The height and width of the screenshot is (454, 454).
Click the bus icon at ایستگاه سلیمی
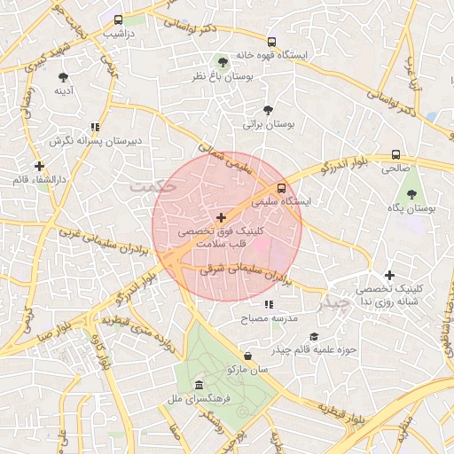coord(281,188)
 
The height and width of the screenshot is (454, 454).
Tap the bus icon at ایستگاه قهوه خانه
coord(271,42)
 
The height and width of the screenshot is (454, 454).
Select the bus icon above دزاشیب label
coord(119,19)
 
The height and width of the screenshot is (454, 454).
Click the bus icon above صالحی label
coord(395,153)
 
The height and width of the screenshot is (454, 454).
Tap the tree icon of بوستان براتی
coord(269,111)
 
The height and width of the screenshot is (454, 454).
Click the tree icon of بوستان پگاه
coord(411,193)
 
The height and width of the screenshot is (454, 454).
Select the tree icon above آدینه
coord(63,76)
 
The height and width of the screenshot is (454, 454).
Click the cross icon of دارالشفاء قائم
coord(39,166)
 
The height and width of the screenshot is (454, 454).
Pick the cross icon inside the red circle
coord(221,216)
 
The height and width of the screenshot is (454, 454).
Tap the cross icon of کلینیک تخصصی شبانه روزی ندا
coord(388,276)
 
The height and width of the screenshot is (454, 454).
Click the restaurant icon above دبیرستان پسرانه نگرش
coord(95,127)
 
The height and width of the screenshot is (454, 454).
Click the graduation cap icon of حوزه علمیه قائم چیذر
coord(313,336)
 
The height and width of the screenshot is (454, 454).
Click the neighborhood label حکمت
coord(153,187)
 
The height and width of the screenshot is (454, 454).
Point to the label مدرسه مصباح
coord(278,317)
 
